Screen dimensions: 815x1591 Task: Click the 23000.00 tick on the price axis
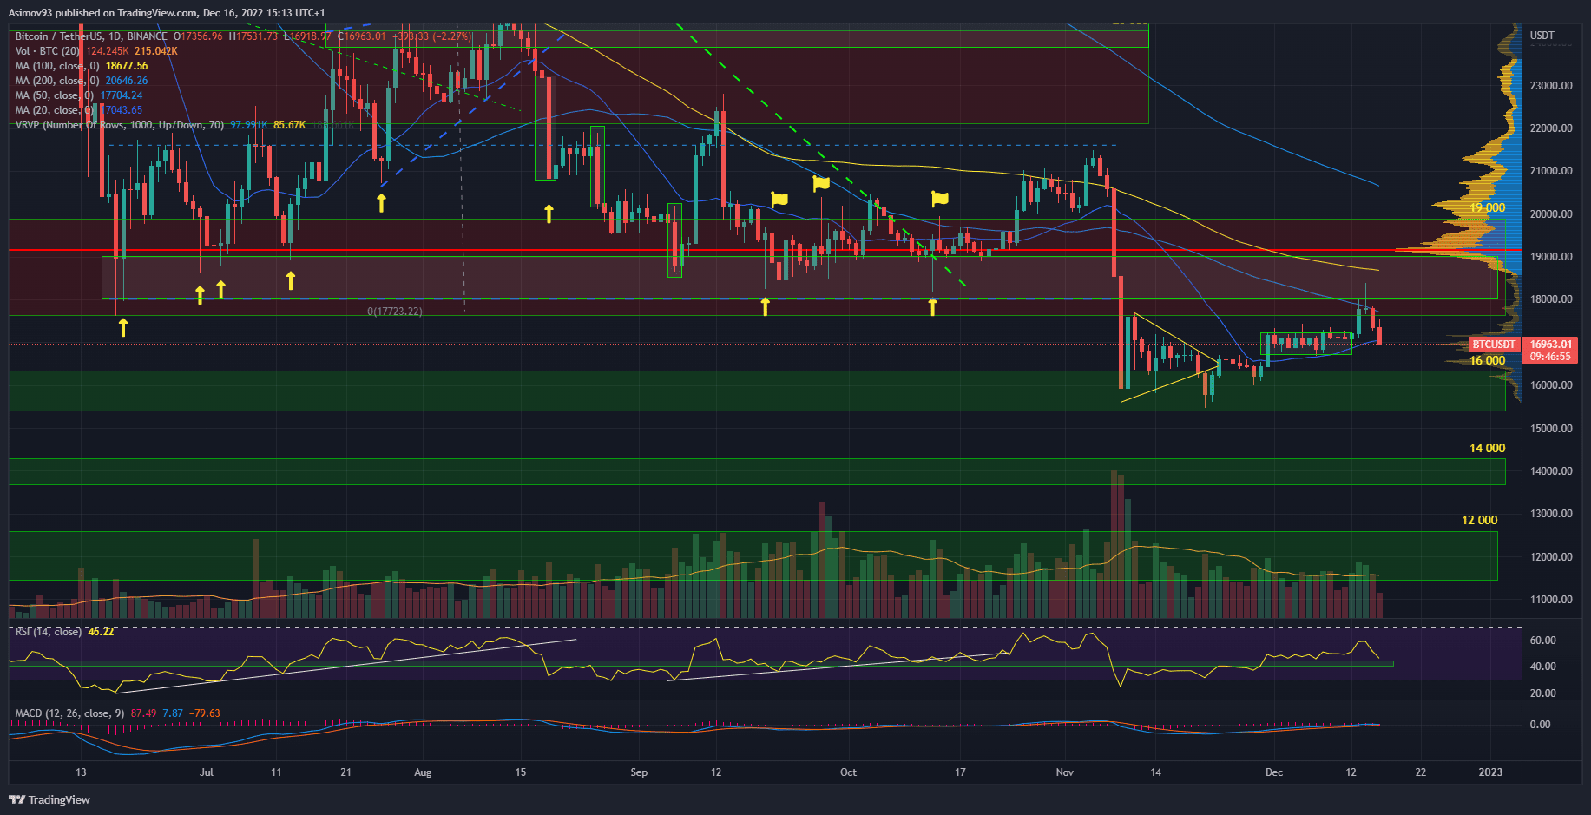pyautogui.click(x=1550, y=86)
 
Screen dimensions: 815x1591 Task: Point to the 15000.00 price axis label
pyautogui.click(x=1550, y=429)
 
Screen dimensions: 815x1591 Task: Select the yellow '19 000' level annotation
pyautogui.click(x=1487, y=208)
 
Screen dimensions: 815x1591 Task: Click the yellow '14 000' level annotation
pyautogui.click(x=1487, y=449)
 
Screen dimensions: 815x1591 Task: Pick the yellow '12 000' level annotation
pyautogui.click(x=1479, y=521)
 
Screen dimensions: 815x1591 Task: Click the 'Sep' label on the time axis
pyautogui.click(x=639, y=772)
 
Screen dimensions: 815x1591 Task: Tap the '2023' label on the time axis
pyautogui.click(x=1490, y=772)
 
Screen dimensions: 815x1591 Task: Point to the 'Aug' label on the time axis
pyautogui.click(x=423, y=772)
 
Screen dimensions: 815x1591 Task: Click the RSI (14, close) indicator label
pyautogui.click(x=49, y=632)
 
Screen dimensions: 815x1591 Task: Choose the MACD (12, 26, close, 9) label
pyautogui.click(x=69, y=713)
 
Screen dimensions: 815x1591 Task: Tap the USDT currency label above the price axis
pyautogui.click(x=1542, y=36)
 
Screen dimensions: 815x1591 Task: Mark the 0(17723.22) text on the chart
pyautogui.click(x=395, y=312)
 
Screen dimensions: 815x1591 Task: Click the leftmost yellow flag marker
pyautogui.click(x=779, y=199)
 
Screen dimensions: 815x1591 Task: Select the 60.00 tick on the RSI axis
pyautogui.click(x=1542, y=641)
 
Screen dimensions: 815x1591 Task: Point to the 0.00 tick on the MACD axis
pyautogui.click(x=1540, y=725)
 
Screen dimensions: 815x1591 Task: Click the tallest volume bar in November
pyautogui.click(x=1113, y=543)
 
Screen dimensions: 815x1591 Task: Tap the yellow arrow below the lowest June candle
pyautogui.click(x=123, y=327)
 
